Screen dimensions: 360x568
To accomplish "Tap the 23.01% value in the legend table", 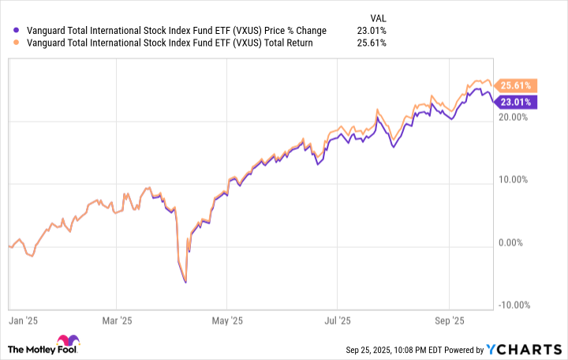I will click(372, 31).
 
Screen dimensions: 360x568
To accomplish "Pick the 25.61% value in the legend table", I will click(372, 43).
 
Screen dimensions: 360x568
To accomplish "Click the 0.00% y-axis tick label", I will click(518, 244).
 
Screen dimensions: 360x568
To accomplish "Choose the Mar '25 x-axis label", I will click(115, 322).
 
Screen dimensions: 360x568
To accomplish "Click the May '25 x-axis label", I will click(226, 322).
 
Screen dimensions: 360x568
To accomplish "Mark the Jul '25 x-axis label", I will click(337, 322).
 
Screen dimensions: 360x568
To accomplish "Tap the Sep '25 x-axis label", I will click(449, 322).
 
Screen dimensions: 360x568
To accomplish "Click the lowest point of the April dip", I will click(185, 282).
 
